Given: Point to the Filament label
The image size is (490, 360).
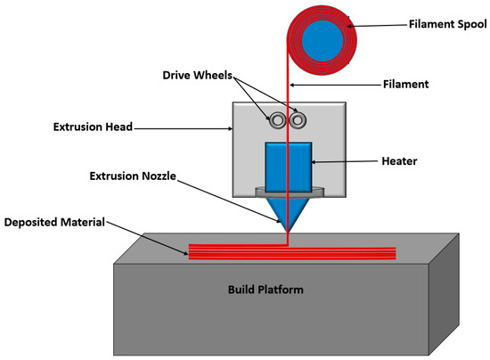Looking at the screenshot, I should point(405,85).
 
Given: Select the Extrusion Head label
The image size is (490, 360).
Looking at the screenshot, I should point(90,127).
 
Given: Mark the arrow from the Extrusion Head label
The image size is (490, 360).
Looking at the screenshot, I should point(184,128).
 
